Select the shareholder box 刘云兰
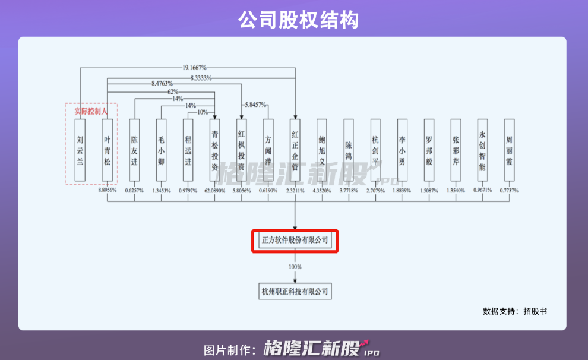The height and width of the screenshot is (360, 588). [x=80, y=149]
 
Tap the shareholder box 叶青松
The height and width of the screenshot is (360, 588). [x=107, y=149]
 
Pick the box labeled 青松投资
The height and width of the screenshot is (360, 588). [x=214, y=149]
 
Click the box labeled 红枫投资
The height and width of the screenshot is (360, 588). [x=241, y=149]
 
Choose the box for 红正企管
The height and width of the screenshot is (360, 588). [x=295, y=149]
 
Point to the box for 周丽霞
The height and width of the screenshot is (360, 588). [x=509, y=149]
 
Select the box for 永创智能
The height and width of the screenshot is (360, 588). [x=482, y=149]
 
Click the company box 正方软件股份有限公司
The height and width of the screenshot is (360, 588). [x=295, y=241]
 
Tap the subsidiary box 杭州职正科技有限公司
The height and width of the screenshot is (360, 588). [x=295, y=291]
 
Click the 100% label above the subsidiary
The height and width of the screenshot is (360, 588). [x=295, y=267]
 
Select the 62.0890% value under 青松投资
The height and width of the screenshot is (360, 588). [x=214, y=191]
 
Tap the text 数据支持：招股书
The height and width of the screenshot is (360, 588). [x=514, y=311]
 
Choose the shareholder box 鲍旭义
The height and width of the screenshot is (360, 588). [x=322, y=149]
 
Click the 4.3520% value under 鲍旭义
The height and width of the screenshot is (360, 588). [x=322, y=191]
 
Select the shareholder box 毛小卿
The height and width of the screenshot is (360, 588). [x=161, y=149]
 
